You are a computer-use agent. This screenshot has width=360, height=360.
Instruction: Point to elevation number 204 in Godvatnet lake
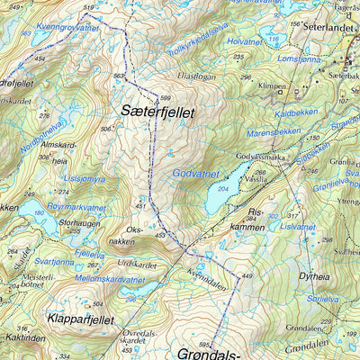[x=221, y=188]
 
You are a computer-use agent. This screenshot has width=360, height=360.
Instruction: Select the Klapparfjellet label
[x=78, y=319]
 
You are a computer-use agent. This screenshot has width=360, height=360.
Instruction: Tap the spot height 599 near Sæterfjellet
[x=165, y=97]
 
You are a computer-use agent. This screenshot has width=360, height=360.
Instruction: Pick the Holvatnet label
[x=244, y=40]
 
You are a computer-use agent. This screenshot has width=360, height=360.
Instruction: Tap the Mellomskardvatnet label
[x=107, y=280]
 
